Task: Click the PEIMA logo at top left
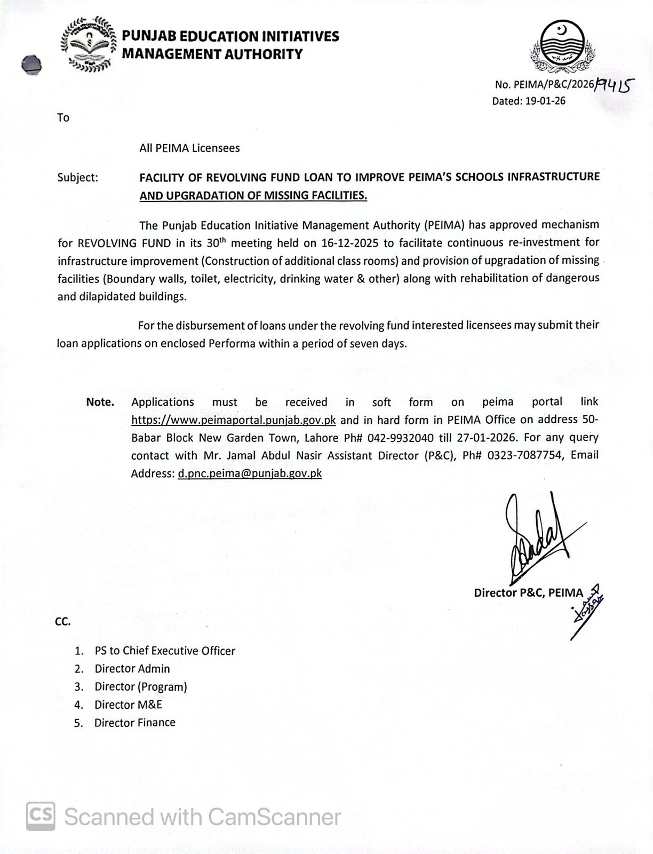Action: (89, 44)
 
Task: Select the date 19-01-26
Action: (545, 101)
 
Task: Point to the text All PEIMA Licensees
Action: (189, 148)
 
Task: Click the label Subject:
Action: (78, 177)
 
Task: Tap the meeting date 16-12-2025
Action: (350, 243)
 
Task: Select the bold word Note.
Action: (100, 402)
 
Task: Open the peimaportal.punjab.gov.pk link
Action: (234, 420)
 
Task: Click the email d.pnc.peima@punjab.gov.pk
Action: (250, 473)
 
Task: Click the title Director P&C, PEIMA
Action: (528, 592)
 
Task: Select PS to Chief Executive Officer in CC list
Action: (165, 651)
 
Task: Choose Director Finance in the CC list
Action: (135, 723)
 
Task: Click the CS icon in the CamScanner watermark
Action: (41, 817)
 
